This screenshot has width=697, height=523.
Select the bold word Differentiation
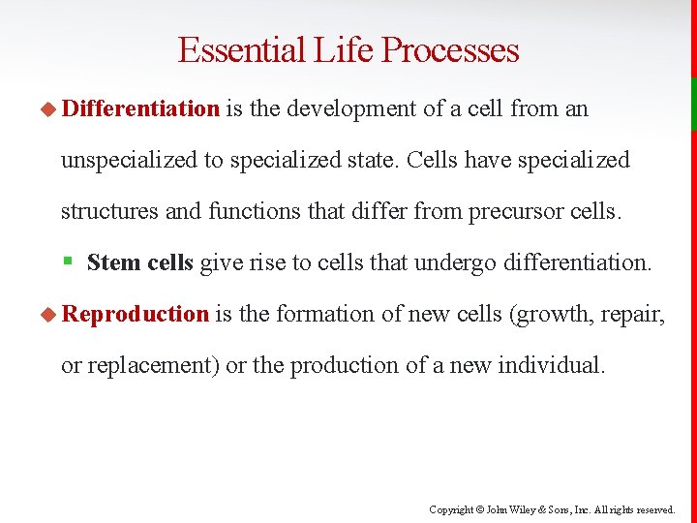pyautogui.click(x=141, y=108)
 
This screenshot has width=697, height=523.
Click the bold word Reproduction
pyautogui.click(x=136, y=314)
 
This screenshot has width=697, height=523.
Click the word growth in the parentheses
pyautogui.click(x=553, y=314)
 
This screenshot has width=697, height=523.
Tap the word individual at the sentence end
pyautogui.click(x=550, y=365)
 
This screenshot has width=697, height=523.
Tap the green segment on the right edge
pyautogui.click(x=693, y=104)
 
